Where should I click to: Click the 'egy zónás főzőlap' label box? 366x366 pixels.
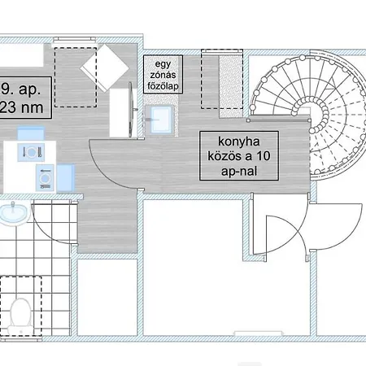click(x=163, y=75)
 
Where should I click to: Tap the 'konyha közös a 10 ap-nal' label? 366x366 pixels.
click(x=239, y=156)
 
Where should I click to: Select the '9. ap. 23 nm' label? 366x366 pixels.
click(x=24, y=98)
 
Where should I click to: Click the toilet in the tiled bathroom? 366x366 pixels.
click(x=20, y=316)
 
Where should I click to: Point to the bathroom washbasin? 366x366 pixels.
click(x=14, y=214)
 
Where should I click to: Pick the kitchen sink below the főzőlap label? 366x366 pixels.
click(x=159, y=120)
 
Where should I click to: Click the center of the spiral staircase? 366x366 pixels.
click(x=311, y=111)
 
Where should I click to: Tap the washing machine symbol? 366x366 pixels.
click(x=45, y=178)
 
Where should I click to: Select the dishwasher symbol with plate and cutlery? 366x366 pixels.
click(x=31, y=152)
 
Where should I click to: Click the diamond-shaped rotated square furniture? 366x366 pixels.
click(x=105, y=68)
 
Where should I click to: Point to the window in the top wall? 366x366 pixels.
click(x=75, y=41)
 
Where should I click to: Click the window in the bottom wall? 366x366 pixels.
click(x=258, y=333)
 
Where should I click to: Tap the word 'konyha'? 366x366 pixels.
click(x=239, y=142)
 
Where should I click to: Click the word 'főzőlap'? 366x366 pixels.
click(x=163, y=86)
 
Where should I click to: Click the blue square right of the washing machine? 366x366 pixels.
click(x=66, y=178)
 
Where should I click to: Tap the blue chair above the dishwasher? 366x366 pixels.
click(x=31, y=133)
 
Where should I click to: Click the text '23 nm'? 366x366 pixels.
click(x=22, y=107)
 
